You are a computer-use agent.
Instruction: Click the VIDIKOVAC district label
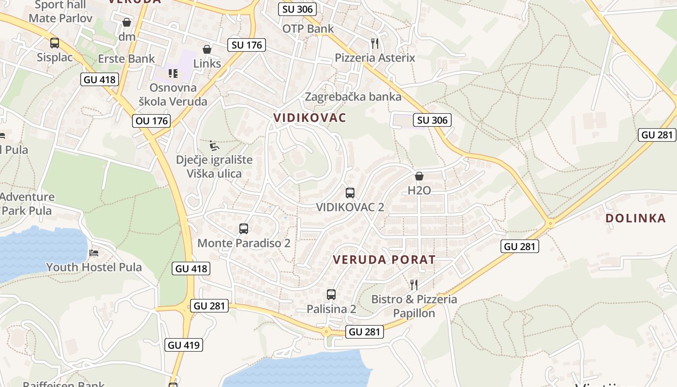pos(310,118)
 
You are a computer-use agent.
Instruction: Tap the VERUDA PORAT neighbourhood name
pos(384,260)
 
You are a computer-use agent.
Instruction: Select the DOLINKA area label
pos(635,218)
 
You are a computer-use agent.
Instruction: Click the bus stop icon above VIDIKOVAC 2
pos(350,193)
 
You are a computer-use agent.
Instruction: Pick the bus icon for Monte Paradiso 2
pos(244,229)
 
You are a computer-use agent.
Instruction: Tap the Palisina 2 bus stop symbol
pos(331,294)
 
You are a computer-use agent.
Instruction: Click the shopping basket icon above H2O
pos(419,176)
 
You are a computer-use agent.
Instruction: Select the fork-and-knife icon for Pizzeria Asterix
pos(375,44)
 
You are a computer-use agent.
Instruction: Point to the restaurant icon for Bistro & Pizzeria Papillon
pos(413,284)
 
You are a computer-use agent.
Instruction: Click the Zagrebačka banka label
pos(353,97)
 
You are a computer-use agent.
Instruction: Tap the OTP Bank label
pos(308,29)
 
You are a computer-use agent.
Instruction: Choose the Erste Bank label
pos(126,59)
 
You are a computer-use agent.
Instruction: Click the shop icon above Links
pos(207,49)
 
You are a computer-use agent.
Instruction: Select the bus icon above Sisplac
pos(55,43)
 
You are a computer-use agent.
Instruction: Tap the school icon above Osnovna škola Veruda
pos(173,74)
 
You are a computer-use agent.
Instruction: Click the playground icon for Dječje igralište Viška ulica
pos(214,145)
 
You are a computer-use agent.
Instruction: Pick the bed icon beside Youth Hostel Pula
pos(94,253)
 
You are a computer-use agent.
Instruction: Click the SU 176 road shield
pos(247,45)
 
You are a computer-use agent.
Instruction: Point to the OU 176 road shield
pos(152,120)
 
